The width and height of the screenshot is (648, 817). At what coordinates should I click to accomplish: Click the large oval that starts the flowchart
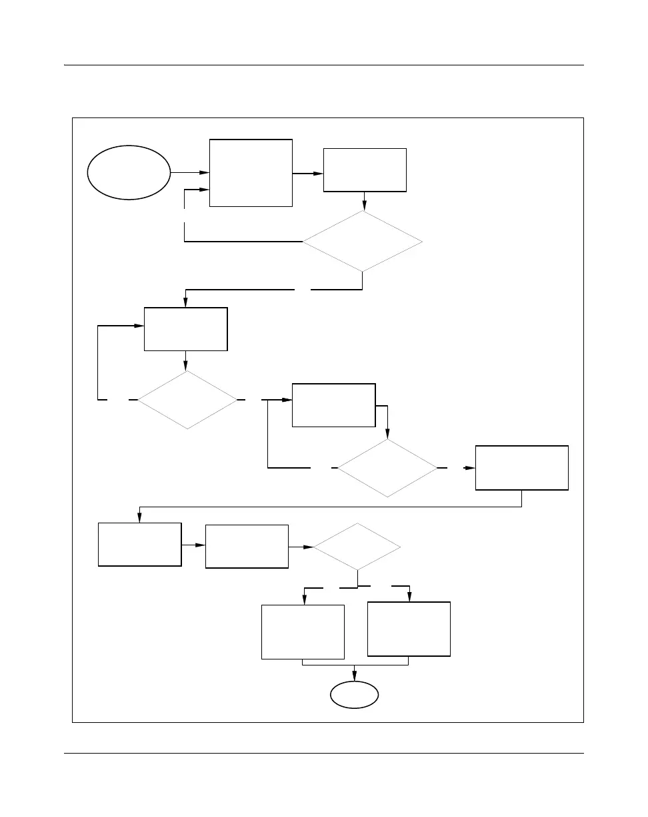pos(129,172)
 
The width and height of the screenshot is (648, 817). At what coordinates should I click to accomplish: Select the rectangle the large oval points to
pos(251,172)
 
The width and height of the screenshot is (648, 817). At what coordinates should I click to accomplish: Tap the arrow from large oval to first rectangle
pos(190,172)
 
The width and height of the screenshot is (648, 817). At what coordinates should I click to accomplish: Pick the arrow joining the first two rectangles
pos(308,174)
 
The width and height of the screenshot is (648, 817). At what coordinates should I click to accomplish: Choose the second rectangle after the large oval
pos(365,170)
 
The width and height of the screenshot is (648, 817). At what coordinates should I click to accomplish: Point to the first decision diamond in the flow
pos(363,241)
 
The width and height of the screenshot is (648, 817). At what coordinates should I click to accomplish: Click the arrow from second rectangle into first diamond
pos(364,202)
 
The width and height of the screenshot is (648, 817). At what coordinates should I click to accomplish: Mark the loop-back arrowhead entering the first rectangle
pos(204,190)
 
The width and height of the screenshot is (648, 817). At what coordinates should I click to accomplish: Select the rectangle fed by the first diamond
pos(186,328)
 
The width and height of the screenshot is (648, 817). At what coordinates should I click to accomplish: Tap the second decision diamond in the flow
pos(187,399)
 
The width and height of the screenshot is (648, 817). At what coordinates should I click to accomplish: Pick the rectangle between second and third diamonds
pos(334,404)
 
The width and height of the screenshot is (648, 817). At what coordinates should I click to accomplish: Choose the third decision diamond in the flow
pos(387,467)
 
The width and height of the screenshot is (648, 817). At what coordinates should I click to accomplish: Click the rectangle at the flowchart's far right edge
pos(522,467)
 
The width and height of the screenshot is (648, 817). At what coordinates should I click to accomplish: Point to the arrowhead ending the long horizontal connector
pos(139,518)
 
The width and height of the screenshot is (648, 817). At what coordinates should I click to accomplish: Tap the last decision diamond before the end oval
pos(357,547)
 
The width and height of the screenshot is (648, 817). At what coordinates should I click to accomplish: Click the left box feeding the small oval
pos(303,631)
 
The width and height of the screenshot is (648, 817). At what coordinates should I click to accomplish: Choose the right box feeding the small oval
pos(409,629)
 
